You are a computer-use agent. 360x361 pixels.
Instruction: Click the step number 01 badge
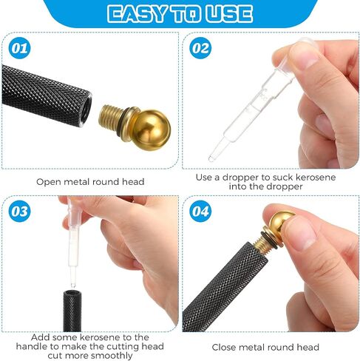click(x=19, y=48)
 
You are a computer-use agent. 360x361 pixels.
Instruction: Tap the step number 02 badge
click(x=200, y=48)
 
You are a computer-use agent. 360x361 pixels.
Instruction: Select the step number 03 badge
click(x=19, y=211)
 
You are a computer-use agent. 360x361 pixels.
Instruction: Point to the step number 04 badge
click(x=200, y=211)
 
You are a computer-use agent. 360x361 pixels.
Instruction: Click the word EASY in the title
click(x=136, y=14)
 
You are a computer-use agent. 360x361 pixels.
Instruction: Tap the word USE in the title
click(x=229, y=14)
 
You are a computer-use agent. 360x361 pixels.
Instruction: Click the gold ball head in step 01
click(x=152, y=130)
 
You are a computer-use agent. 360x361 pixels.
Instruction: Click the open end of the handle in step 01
click(x=86, y=110)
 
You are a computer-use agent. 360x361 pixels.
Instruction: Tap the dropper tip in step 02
click(x=211, y=158)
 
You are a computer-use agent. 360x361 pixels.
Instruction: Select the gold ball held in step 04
click(x=281, y=222)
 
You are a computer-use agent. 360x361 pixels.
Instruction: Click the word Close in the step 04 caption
click(x=223, y=347)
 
